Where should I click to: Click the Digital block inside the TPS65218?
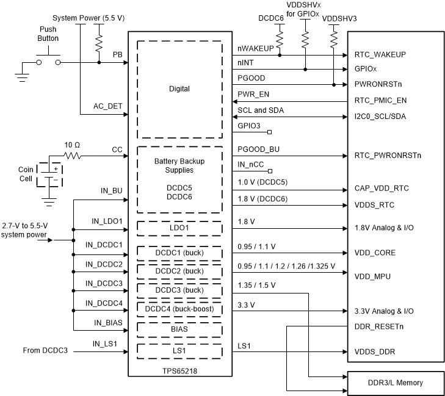click(179, 89)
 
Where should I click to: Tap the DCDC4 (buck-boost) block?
click(179, 309)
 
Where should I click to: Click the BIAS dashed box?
click(179, 329)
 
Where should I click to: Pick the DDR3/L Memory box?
click(394, 383)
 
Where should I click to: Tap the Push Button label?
click(49, 34)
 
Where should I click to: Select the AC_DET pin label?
click(108, 106)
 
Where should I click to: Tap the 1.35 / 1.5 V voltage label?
click(256, 285)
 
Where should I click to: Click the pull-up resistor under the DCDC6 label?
click(280, 40)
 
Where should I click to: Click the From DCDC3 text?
click(45, 350)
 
